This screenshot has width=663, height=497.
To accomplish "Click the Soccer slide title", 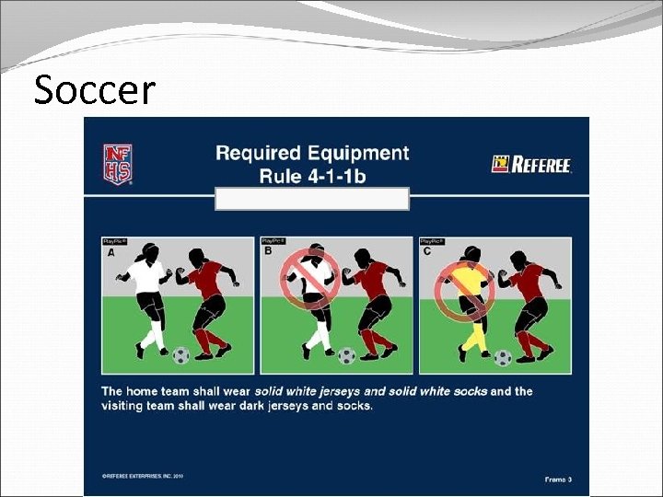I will tap(95, 90).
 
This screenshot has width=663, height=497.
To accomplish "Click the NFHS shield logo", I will tap(117, 164).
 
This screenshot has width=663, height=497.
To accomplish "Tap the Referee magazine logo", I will tap(532, 165).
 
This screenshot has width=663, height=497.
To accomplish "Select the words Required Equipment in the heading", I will tap(311, 153).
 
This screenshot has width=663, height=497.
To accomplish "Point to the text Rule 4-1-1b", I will tap(311, 175).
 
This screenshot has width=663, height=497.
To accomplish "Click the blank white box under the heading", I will tap(311, 199).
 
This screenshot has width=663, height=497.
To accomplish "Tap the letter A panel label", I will tap(111, 251).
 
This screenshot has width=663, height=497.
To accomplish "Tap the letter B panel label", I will tap(268, 251).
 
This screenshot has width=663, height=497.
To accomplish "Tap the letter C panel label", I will tap(425, 251).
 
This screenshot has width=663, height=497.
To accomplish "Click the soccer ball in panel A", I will tap(181, 354).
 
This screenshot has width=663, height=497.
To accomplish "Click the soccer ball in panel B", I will tap(346, 354).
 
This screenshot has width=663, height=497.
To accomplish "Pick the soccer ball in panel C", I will tap(503, 356).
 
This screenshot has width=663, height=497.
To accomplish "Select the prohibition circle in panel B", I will tap(310, 276).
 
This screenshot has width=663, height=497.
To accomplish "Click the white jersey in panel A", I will tap(147, 276).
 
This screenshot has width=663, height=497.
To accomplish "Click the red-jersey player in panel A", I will tap(208, 299).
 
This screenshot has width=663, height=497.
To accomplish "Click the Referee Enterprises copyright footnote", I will tap(144, 476).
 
